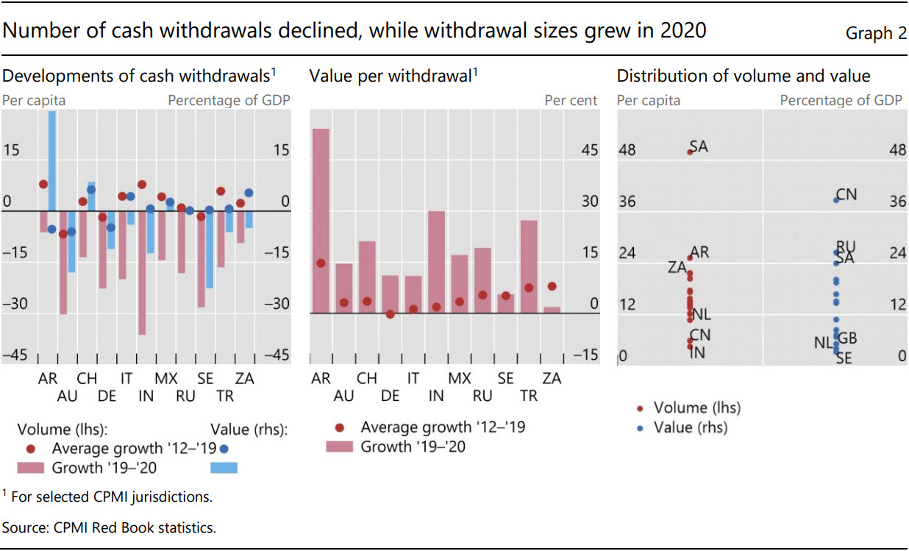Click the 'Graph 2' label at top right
875,33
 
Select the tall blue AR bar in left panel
52,162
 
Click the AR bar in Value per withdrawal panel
321,221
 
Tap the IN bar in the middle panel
436,262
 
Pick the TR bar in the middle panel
529,266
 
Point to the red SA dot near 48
690,152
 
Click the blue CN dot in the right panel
836,199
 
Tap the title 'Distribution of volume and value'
743,76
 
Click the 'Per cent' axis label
571,100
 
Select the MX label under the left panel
165,379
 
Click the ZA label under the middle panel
552,379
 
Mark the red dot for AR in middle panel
321,263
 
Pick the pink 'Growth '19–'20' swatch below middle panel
338,447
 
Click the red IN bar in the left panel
142,272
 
